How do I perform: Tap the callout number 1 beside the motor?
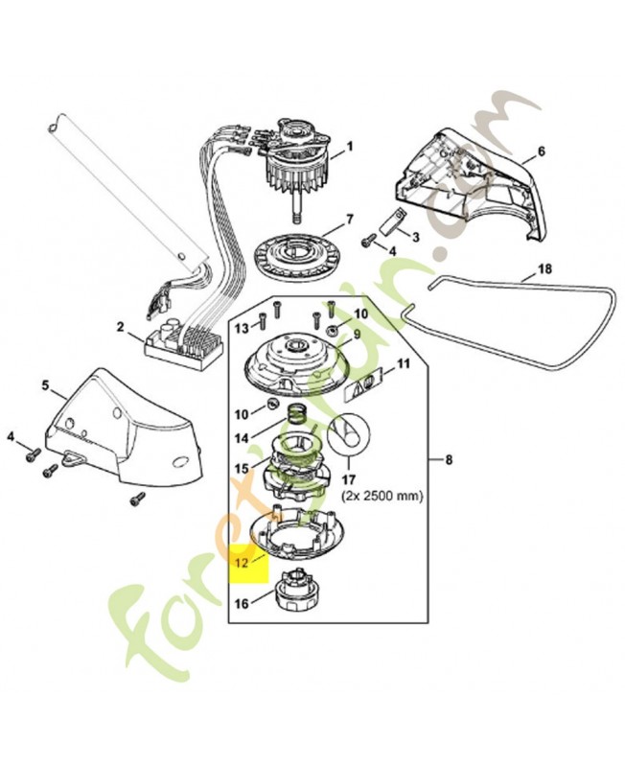tap(350, 147)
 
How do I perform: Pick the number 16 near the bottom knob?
tap(241, 604)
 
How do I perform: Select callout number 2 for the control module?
tap(120, 327)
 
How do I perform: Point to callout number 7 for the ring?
tap(349, 219)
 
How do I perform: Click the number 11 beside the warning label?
tap(404, 363)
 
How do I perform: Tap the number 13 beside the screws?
tap(242, 328)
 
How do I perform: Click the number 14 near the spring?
tap(241, 438)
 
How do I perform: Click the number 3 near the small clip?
tap(416, 236)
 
